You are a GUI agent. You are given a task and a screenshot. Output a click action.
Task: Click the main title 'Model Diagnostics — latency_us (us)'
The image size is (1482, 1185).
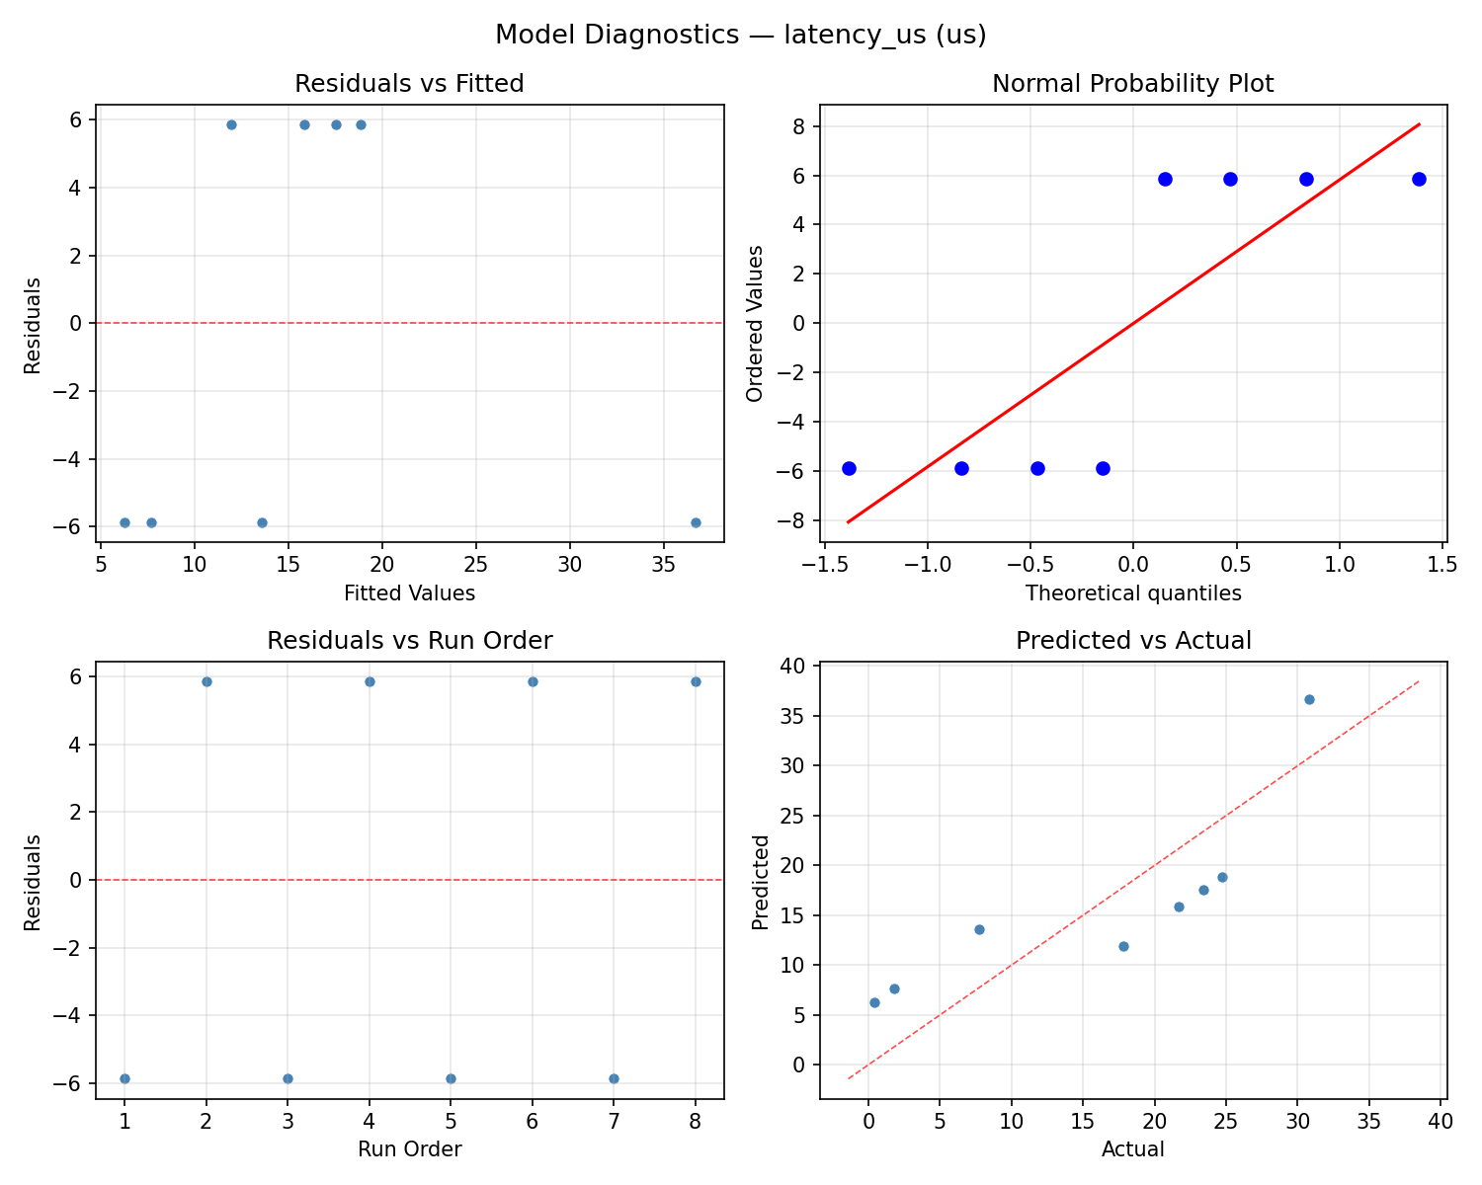[x=740, y=35]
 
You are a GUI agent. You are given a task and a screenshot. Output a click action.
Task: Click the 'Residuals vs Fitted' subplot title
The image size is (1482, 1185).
[x=409, y=84]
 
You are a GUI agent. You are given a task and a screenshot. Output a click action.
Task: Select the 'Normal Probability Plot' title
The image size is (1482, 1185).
[x=1132, y=84]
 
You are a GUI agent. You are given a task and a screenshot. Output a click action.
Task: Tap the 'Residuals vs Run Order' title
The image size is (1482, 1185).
[x=409, y=641]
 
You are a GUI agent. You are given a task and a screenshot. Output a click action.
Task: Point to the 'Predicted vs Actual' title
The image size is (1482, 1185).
[x=1132, y=641]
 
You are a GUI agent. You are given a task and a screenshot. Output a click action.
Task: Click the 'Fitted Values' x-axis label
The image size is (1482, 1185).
[x=409, y=593]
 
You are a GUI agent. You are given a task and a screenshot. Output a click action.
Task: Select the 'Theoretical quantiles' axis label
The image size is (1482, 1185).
[x=1132, y=593]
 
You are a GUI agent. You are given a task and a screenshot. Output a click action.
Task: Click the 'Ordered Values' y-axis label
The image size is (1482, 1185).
[x=755, y=324]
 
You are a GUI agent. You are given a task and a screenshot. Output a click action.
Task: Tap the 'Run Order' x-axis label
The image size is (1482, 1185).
[x=409, y=1149]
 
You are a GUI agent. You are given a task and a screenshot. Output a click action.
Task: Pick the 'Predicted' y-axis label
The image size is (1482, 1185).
[x=760, y=882]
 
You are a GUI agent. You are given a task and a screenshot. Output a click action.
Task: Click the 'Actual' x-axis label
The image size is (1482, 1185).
[x=1132, y=1149]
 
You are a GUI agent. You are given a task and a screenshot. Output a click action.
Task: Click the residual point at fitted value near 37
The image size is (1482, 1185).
[x=696, y=522]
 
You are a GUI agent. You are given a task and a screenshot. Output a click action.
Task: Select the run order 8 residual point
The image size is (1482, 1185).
[x=696, y=681]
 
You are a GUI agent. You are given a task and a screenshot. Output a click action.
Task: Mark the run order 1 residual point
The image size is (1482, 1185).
[x=124, y=1078]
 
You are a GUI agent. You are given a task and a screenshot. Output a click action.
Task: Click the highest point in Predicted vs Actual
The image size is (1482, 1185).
[x=1309, y=699]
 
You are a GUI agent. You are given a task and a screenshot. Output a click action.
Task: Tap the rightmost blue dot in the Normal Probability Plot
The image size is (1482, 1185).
[x=1419, y=179]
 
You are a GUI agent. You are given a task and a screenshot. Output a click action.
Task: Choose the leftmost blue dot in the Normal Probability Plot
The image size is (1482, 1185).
[x=849, y=468]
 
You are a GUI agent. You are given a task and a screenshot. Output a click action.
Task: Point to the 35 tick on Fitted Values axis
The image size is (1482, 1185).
[x=663, y=565]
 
